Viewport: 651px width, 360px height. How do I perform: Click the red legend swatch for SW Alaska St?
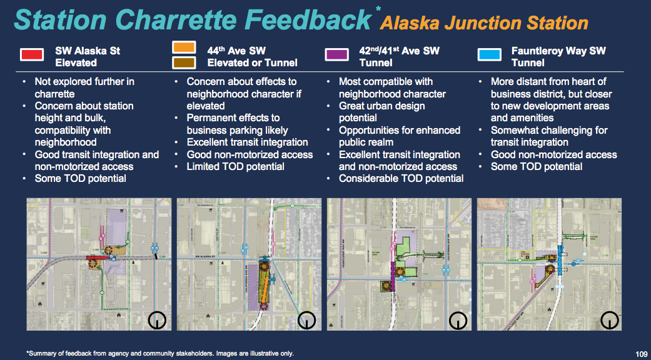coord(32,54)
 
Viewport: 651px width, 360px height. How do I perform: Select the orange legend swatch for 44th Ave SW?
coord(184,47)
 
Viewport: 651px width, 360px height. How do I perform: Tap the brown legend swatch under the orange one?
coord(184,62)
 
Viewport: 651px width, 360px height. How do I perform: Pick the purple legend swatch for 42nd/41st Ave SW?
coord(337,55)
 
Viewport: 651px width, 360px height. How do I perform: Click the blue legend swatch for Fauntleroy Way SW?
coord(489,54)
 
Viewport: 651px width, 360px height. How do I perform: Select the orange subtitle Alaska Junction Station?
coord(485,24)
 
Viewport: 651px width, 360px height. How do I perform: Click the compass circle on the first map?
coord(156,320)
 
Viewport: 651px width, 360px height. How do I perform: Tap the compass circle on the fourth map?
coord(609,320)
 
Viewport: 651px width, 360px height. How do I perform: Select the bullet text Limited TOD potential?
coord(235,166)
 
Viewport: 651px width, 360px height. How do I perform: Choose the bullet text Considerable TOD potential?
coord(401,179)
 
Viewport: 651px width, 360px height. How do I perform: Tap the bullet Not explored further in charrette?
coord(84,87)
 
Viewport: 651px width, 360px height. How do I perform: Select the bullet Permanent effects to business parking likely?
coord(237,124)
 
